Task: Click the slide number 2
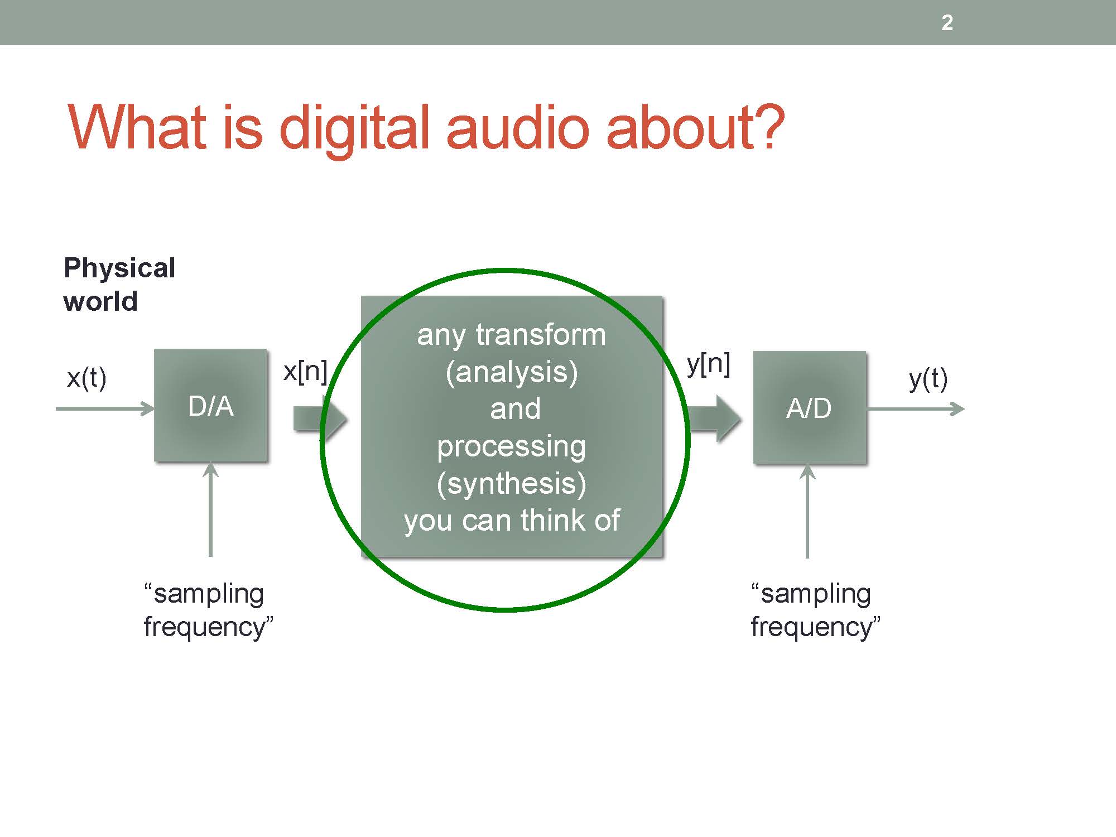pyautogui.click(x=947, y=23)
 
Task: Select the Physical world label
pyautogui.click(x=119, y=285)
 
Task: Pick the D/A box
pyautogui.click(x=210, y=405)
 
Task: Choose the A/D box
pyautogui.click(x=809, y=407)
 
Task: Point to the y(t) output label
pyautogui.click(x=928, y=379)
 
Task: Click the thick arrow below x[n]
pyautogui.click(x=320, y=419)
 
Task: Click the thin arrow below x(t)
pyautogui.click(x=105, y=408)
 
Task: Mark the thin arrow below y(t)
pyautogui.click(x=916, y=409)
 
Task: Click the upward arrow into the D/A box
pyautogui.click(x=210, y=509)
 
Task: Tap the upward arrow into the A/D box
pyautogui.click(x=807, y=511)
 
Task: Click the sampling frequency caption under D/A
pyautogui.click(x=208, y=610)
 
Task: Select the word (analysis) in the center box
pyautogui.click(x=512, y=372)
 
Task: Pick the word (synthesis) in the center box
pyautogui.click(x=512, y=483)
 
